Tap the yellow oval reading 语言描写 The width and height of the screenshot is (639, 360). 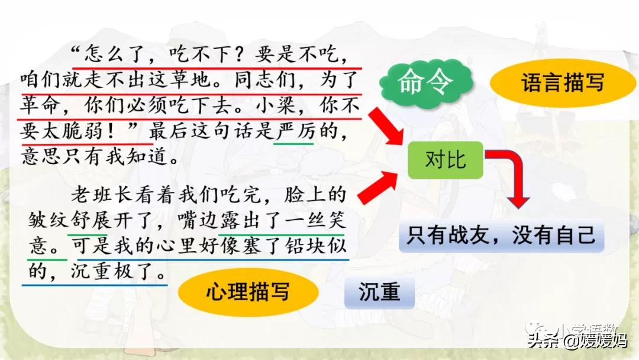coord(563,82)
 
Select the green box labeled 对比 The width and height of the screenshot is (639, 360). coord(446,160)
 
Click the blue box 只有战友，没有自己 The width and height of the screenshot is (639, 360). coord(501,236)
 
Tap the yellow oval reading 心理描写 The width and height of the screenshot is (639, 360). coord(248,291)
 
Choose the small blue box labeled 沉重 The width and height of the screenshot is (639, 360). coord(379,292)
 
